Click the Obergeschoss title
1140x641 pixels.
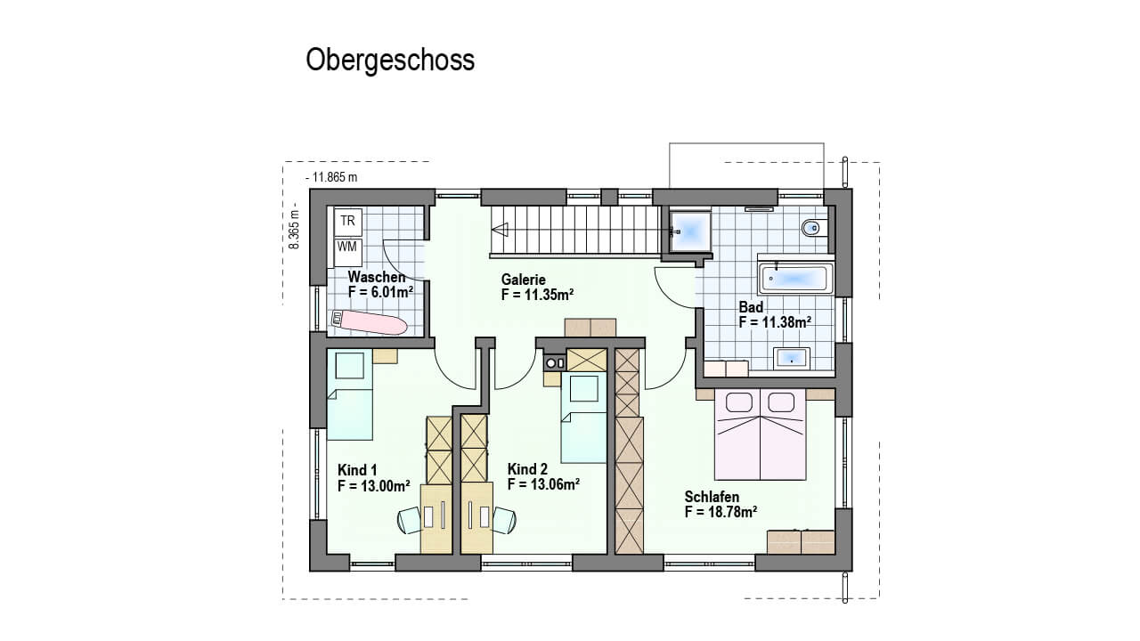pos(390,61)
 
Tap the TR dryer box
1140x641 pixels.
pos(348,222)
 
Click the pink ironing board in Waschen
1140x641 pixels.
pos(369,322)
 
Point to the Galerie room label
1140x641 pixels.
pos(523,280)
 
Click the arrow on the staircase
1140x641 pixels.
pos(500,230)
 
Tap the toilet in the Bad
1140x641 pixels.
pos(814,227)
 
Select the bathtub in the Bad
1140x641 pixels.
pos(796,279)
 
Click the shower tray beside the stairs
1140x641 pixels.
pos(690,232)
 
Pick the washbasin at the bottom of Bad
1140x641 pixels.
pos(792,358)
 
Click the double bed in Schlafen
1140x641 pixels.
pos(761,434)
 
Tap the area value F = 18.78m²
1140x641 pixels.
pos(721,512)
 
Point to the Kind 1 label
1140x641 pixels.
pos(357,469)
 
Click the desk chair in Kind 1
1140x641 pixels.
pos(411,520)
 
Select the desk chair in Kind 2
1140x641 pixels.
pos(504,520)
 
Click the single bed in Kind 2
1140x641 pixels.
pos(583,418)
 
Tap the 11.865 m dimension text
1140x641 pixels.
pos(331,177)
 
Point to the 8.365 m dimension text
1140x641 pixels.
pos(294,229)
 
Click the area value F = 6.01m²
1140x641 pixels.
pos(380,292)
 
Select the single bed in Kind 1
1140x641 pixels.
pos(350,394)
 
